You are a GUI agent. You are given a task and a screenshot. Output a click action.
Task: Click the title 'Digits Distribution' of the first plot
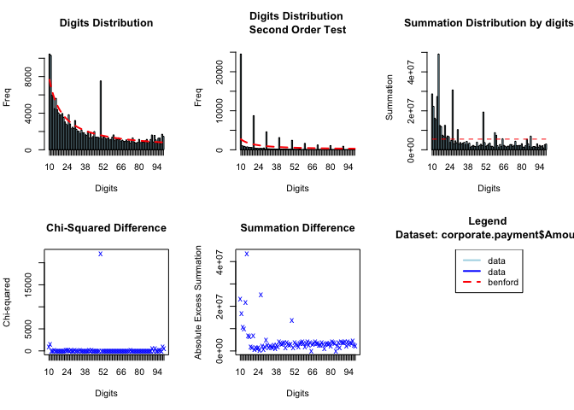[107, 22]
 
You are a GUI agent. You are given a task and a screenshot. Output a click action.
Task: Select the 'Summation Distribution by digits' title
[488, 22]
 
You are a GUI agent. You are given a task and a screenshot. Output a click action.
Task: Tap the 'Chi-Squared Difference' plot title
[106, 228]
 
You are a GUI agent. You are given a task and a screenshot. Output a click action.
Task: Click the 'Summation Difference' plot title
[297, 228]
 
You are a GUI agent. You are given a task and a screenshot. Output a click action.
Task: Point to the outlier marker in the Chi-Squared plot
[100, 254]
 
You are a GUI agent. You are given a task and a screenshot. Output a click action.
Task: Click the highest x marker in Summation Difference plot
[247, 254]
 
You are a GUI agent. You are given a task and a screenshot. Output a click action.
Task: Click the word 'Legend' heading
[488, 221]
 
